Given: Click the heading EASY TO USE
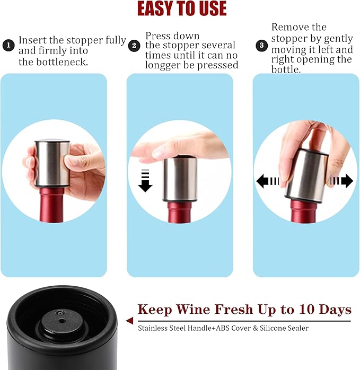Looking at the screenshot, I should [181, 8].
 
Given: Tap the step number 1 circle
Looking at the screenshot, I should [8, 46].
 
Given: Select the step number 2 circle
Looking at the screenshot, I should [135, 46].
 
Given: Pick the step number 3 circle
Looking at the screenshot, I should [261, 46].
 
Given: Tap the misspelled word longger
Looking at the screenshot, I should [165, 65].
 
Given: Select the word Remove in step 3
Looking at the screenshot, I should [291, 27].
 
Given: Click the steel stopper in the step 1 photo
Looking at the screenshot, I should [49, 164].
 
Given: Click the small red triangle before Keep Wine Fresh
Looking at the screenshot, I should [129, 321].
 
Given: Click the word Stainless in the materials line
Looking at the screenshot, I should [153, 328].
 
